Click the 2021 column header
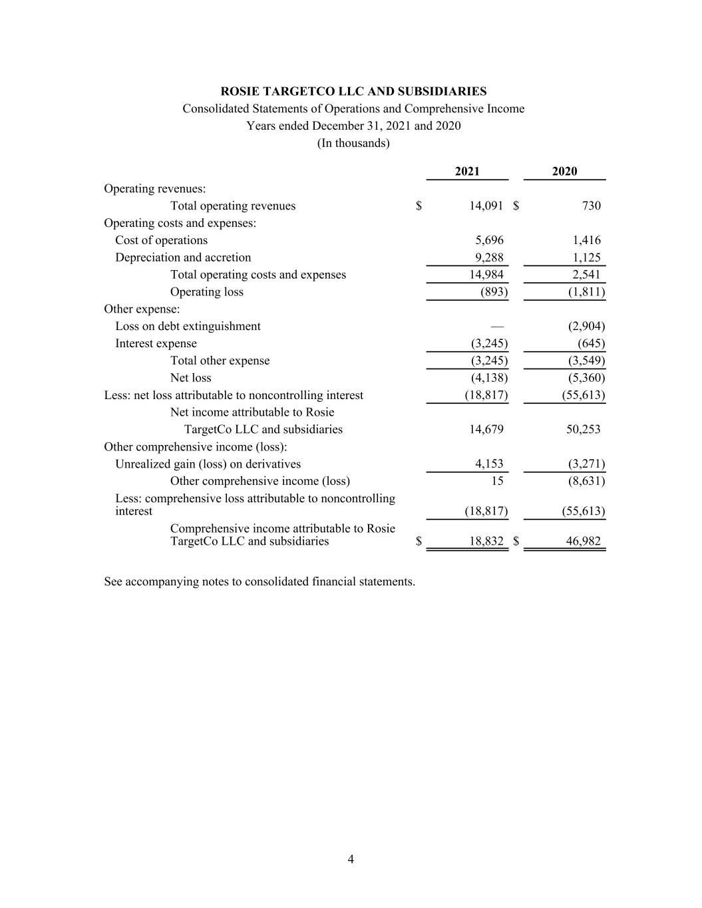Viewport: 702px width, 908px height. pos(467,172)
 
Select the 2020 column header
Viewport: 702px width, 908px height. pos(564,172)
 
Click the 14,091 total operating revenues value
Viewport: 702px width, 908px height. pos(486,206)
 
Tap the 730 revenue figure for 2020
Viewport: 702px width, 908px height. pos(591,206)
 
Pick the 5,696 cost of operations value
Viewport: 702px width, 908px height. pos(489,240)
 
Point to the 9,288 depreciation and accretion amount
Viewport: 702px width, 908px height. pos(489,257)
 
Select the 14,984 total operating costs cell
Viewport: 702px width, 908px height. pos(486,275)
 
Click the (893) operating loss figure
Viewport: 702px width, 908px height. pos(494,292)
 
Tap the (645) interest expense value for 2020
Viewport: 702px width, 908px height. pos(591,344)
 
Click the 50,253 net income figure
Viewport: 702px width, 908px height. pos(583,430)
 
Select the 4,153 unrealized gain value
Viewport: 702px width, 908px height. pos(489,464)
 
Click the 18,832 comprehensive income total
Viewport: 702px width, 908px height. pos(486,541)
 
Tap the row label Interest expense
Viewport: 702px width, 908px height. pos(156,344)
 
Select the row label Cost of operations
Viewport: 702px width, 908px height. pos(161,240)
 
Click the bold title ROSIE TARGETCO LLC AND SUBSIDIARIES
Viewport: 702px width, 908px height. pos(353,92)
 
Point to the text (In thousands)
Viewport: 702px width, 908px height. pos(353,143)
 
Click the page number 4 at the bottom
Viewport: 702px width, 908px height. pos(351,859)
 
